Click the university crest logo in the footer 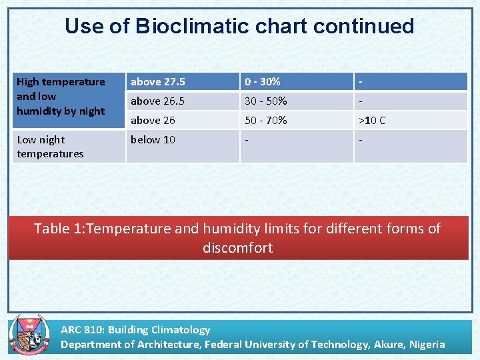pyautogui.click(x=25, y=335)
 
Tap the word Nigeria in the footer pyautogui.click(x=419, y=344)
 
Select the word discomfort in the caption pyautogui.click(x=238, y=248)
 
